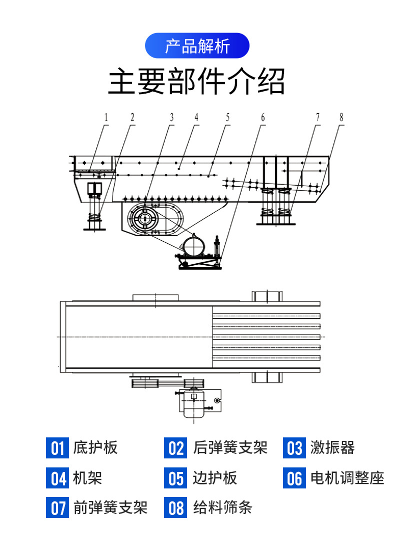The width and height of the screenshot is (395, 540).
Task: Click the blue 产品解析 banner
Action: [197, 46]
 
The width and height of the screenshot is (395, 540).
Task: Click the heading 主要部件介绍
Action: [197, 82]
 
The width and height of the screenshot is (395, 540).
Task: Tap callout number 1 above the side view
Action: [106, 118]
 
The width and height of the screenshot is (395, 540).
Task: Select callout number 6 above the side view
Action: [262, 118]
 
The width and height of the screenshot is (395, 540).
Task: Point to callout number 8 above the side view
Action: [341, 118]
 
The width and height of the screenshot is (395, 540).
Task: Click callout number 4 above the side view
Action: [196, 118]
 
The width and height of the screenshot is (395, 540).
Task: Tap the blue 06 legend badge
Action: [294, 478]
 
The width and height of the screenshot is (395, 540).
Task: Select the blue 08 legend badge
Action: [176, 508]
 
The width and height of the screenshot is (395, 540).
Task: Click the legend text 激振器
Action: [332, 447]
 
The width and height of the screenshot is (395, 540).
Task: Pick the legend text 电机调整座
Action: [347, 478]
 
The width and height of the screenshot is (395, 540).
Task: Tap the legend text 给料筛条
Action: [222, 508]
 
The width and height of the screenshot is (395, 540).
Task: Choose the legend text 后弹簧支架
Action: [230, 447]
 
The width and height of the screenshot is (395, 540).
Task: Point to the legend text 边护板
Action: [215, 478]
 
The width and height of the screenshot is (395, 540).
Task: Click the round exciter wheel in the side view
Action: [145, 219]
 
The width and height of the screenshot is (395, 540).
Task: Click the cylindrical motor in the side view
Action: [193, 246]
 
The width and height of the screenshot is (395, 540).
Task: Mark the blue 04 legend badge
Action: [57, 478]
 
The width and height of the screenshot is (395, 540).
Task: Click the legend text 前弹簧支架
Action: [110, 508]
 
